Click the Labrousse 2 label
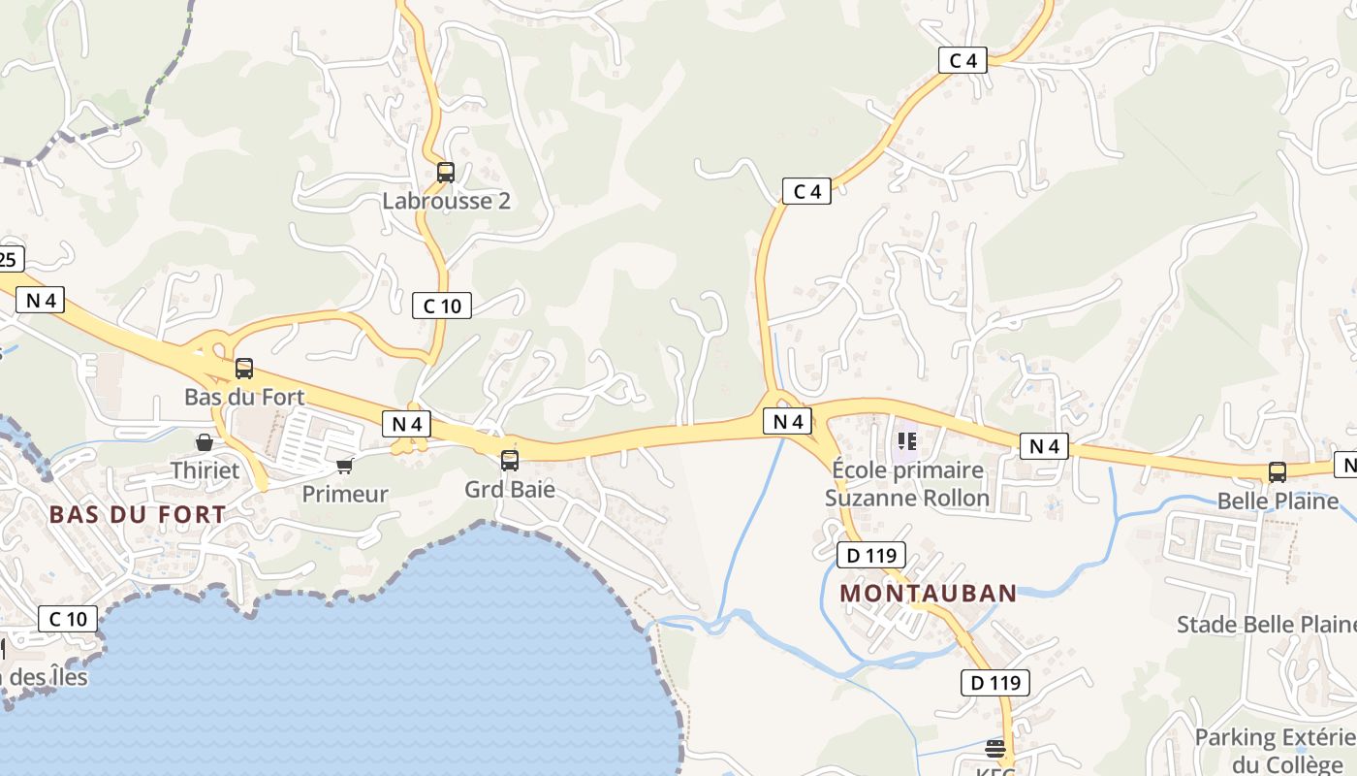click(446, 202)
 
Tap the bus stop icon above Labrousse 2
click(446, 173)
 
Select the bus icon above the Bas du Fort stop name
click(244, 369)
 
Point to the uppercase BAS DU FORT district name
click(138, 515)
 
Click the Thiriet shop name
click(205, 470)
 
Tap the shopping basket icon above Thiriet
click(205, 443)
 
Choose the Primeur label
click(345, 494)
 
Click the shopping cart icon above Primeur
click(344, 466)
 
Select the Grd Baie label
click(510, 489)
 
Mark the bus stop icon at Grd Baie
click(510, 461)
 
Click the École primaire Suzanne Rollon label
click(907, 484)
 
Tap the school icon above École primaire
click(907, 442)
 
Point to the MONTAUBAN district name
click(929, 594)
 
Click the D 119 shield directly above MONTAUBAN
click(871, 556)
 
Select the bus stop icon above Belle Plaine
click(1278, 472)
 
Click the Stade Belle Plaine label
click(1266, 624)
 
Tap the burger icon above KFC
click(995, 748)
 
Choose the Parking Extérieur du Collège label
click(1275, 750)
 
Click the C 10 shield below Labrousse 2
click(442, 307)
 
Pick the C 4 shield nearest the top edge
click(963, 60)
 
